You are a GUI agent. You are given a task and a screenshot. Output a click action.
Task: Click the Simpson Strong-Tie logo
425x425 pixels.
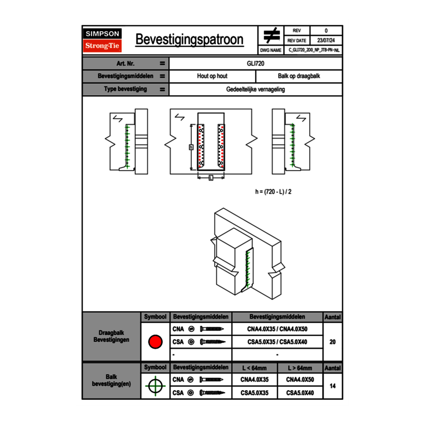(103, 40)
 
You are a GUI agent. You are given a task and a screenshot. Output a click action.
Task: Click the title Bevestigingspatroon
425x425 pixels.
(189, 40)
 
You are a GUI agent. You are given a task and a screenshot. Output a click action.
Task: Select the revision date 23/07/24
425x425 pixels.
(326, 41)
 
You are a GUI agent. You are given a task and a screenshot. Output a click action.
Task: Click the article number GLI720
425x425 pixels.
(255, 63)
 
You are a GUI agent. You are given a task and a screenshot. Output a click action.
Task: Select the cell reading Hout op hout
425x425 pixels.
(212, 76)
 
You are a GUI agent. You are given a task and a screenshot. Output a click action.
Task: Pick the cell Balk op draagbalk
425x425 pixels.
(299, 76)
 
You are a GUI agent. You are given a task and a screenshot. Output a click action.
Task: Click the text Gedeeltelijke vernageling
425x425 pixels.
(255, 89)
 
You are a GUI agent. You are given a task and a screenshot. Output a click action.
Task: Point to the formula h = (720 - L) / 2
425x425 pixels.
(273, 191)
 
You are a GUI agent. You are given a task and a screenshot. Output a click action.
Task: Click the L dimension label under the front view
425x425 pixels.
(211, 178)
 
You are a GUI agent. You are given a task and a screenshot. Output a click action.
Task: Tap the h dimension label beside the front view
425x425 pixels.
(191, 147)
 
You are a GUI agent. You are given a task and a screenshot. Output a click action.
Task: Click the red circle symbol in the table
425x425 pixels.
(155, 342)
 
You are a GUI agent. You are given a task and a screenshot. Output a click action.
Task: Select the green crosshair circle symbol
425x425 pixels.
(155, 386)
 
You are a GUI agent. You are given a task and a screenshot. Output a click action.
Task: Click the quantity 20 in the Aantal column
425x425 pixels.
(332, 342)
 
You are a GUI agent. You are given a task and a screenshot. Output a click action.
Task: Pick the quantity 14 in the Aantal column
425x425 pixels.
(332, 386)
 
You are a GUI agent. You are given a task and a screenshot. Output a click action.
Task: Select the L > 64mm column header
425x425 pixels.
(300, 368)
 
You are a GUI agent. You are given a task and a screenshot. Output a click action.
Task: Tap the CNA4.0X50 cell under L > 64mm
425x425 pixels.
(300, 380)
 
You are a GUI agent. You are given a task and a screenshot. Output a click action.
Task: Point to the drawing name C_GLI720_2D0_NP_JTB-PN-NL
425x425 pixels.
(314, 50)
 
